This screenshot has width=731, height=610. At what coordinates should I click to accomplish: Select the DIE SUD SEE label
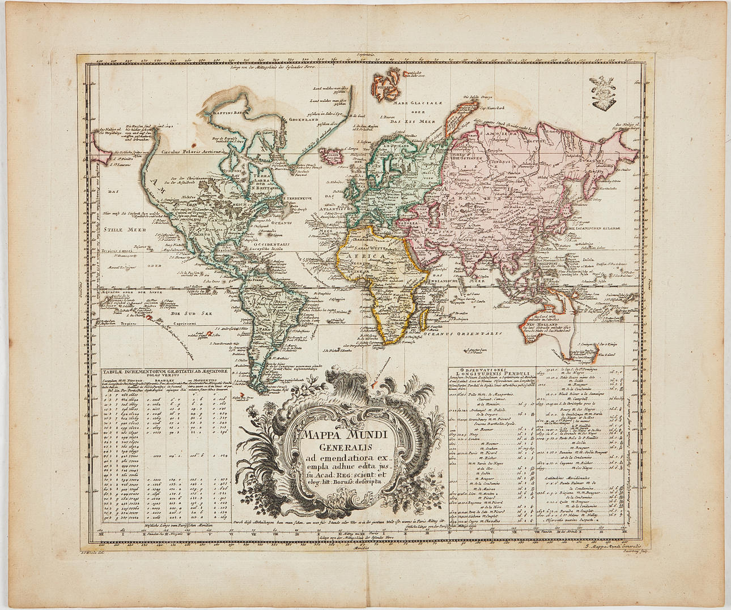point(184,312)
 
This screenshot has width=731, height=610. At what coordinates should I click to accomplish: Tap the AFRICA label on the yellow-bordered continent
point(370,256)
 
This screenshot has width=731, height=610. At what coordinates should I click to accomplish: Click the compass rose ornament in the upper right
point(606,93)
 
